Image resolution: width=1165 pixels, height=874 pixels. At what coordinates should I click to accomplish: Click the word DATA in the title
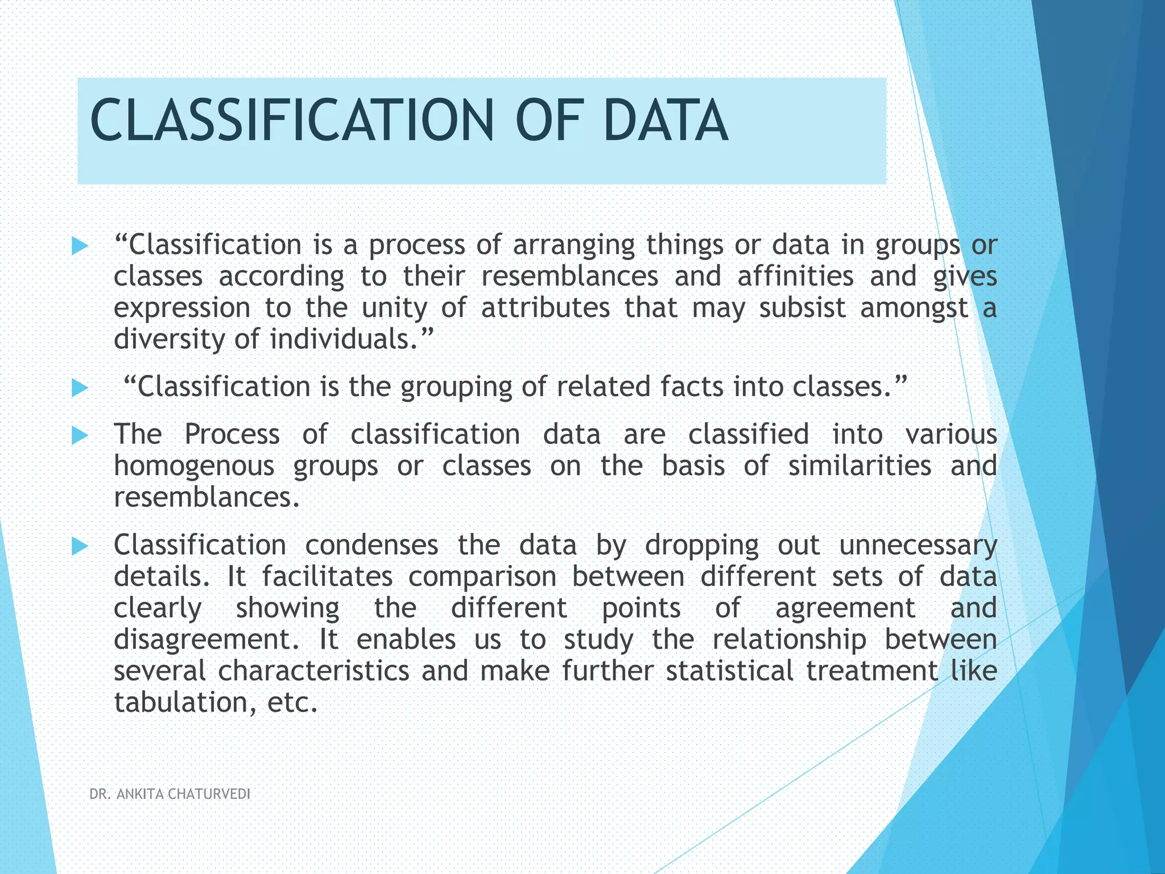point(665,120)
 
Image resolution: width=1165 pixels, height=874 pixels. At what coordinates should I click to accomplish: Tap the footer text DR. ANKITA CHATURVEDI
point(170,794)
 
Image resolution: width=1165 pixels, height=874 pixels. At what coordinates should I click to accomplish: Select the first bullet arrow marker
point(80,246)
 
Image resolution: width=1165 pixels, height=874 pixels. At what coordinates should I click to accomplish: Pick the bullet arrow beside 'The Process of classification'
point(80,436)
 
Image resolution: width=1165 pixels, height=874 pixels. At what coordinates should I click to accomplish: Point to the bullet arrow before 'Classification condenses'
point(80,547)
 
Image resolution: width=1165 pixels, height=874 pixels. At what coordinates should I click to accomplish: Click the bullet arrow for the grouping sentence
point(80,389)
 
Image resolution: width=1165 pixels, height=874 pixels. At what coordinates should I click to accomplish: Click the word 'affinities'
point(795,277)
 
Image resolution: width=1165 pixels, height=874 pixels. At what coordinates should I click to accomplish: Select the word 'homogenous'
point(194,466)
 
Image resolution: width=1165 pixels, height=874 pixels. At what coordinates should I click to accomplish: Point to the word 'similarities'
point(860,466)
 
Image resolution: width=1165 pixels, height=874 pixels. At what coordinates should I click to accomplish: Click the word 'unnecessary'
point(918,546)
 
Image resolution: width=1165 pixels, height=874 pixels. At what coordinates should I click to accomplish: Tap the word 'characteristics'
point(313,671)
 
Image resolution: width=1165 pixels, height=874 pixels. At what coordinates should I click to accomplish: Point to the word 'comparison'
point(482,577)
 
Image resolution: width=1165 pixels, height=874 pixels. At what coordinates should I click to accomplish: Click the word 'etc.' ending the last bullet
point(292,703)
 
